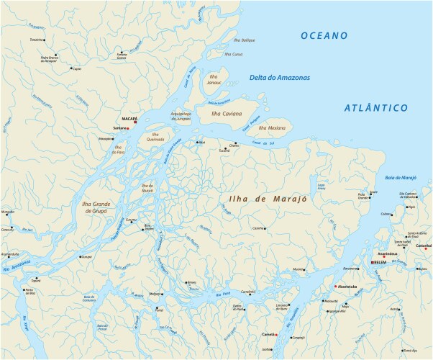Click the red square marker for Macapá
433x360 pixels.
(x=135, y=122)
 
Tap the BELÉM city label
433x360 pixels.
(x=380, y=263)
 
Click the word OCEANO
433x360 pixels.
(x=324, y=35)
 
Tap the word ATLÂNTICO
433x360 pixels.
(x=375, y=108)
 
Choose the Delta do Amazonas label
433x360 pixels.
(x=280, y=77)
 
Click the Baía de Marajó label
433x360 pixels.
(x=401, y=177)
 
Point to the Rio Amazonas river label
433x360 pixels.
(x=16, y=263)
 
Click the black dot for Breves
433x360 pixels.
(x=186, y=282)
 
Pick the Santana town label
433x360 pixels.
(x=111, y=128)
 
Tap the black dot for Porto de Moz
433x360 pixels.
(x=30, y=289)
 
